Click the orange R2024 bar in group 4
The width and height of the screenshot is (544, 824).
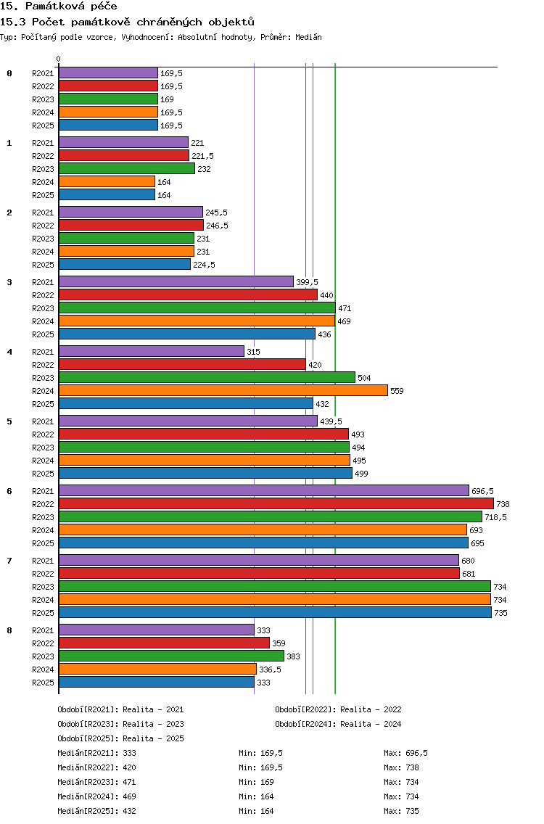click(223, 390)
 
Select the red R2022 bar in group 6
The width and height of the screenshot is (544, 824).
click(276, 503)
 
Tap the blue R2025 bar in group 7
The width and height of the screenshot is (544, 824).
click(276, 612)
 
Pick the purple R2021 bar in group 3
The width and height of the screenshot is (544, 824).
click(176, 281)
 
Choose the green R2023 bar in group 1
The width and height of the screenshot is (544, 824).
click(127, 169)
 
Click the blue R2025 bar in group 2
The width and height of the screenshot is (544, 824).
click(125, 264)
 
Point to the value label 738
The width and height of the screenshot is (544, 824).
click(503, 504)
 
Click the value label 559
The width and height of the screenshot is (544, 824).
click(397, 391)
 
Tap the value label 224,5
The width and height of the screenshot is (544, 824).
click(204, 265)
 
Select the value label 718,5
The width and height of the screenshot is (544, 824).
click(495, 517)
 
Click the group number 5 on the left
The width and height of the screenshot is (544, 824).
click(9, 421)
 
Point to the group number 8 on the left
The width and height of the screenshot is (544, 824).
click(9, 630)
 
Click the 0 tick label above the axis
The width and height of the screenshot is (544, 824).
click(58, 59)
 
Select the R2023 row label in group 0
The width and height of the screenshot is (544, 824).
click(43, 99)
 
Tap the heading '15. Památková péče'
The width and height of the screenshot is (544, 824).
click(58, 7)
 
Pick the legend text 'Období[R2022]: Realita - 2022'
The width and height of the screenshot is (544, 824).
click(338, 709)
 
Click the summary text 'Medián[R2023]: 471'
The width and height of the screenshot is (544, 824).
click(96, 782)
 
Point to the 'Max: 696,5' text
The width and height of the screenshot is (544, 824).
click(405, 753)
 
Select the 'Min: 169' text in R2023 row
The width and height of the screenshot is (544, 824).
click(256, 782)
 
